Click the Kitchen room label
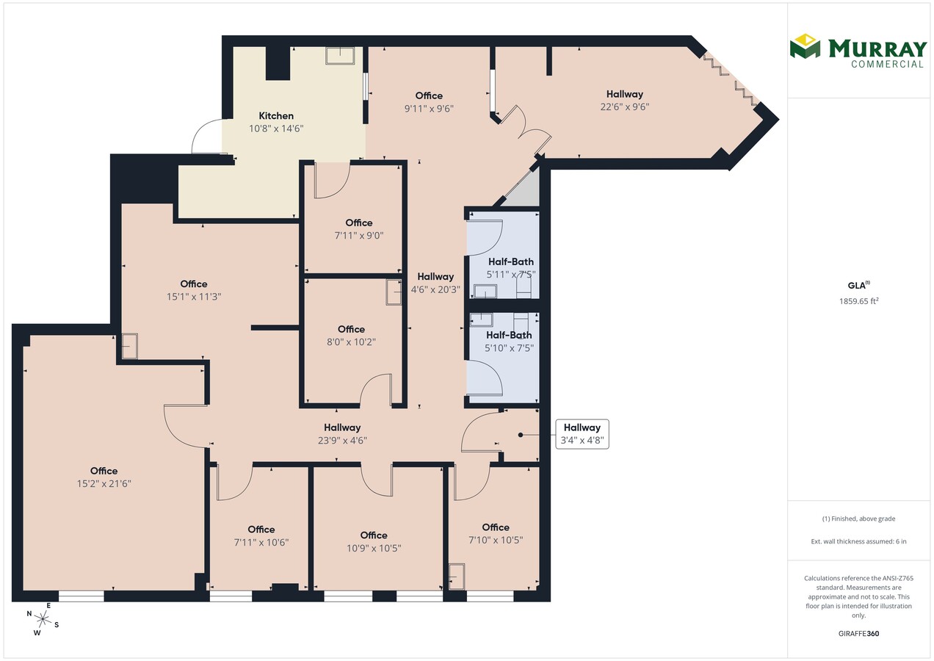(x=276, y=115)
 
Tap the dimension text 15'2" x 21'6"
(x=104, y=483)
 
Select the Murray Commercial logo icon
(x=805, y=46)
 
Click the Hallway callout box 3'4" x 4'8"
(x=582, y=434)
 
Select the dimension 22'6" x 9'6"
(x=624, y=106)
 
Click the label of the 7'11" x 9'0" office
(x=359, y=223)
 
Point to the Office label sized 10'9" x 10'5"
(x=374, y=535)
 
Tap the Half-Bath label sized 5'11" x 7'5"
(x=511, y=261)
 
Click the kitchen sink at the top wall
(x=340, y=56)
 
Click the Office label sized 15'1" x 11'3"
(x=194, y=283)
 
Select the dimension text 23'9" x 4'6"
(x=342, y=440)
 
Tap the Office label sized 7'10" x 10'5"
(x=496, y=527)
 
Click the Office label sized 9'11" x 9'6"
(x=429, y=95)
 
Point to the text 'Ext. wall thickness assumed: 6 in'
(x=859, y=541)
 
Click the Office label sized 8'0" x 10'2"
(x=352, y=329)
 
